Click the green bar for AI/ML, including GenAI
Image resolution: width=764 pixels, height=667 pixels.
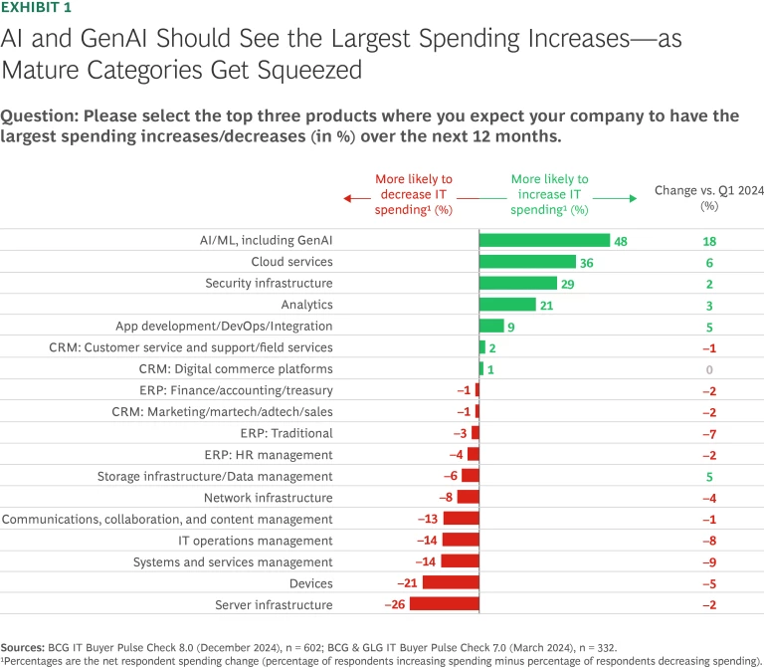click(x=544, y=240)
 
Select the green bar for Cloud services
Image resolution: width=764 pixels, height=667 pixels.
click(x=527, y=262)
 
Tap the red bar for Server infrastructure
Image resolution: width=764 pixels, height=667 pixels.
click(x=444, y=604)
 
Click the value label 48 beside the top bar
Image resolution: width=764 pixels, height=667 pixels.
click(x=621, y=241)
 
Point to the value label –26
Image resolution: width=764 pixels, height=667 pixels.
click(x=394, y=604)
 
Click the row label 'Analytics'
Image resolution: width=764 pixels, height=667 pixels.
click(x=307, y=305)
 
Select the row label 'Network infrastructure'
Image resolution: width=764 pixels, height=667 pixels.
click(x=269, y=498)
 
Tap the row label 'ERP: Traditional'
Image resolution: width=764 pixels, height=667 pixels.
click(x=286, y=433)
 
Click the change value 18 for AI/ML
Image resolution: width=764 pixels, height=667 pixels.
click(x=708, y=241)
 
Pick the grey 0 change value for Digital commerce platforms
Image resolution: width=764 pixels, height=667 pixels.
click(x=708, y=369)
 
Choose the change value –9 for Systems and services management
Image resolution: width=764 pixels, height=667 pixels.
click(x=708, y=561)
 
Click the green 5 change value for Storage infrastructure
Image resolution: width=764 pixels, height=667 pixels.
click(x=708, y=476)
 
